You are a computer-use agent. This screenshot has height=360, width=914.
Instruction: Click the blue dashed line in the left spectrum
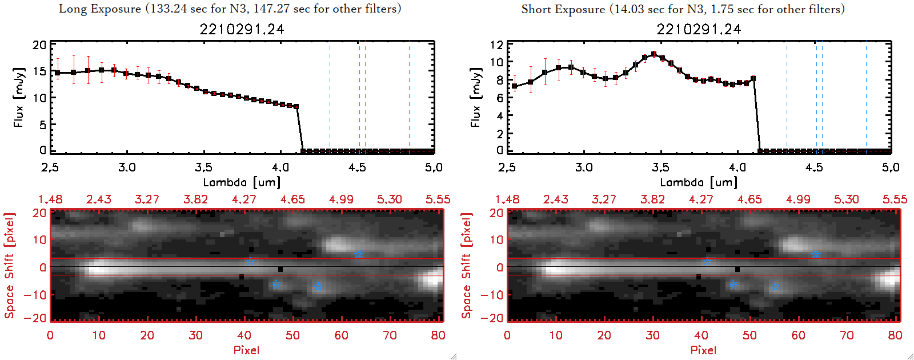pos(409,97)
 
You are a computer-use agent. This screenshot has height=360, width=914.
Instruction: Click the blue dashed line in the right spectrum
pos(866,97)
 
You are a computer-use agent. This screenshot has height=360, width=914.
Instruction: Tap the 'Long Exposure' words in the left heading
pos(100,9)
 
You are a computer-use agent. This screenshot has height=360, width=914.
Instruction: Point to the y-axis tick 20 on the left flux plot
pos(39,45)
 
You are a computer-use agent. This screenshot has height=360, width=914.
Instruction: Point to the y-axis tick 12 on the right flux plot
pos(496,45)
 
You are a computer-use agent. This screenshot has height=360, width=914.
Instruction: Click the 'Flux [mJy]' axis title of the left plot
pos(19,97)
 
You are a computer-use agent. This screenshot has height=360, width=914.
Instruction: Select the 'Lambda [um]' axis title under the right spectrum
pos(699,182)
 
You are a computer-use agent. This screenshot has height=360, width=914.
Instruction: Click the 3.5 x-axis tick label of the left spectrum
pos(203,167)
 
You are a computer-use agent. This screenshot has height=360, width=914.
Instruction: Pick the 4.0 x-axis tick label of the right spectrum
pos(737,167)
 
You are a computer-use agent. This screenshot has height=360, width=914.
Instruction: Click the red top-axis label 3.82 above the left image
pos(195,199)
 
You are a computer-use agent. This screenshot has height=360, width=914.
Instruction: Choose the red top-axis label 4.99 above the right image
pos(798,199)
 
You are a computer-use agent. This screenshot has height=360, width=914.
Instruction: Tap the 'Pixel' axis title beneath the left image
pos(246,350)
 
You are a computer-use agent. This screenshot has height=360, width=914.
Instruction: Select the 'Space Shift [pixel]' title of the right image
pos(467,266)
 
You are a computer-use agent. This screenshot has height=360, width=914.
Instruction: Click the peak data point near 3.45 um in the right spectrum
pos(654,54)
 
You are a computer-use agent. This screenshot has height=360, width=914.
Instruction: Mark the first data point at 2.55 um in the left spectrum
pos(57,73)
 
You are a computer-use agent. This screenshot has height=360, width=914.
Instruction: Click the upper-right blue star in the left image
pos(359,254)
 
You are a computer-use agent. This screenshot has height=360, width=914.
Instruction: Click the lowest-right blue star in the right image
pos(775,286)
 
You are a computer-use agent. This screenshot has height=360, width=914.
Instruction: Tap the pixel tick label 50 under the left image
pos(292,335)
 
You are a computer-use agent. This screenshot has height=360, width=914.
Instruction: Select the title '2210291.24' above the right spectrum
pos(699,29)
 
